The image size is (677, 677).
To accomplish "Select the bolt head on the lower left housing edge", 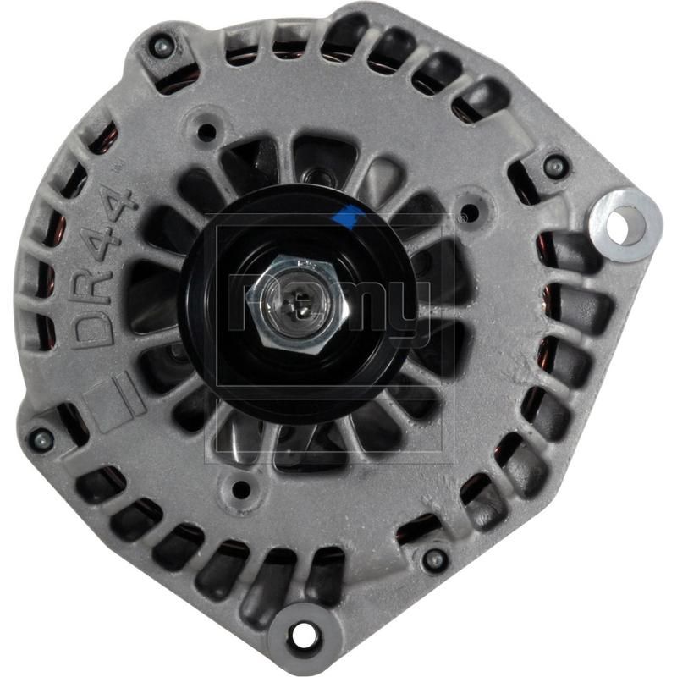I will pyautogui.click(x=40, y=438).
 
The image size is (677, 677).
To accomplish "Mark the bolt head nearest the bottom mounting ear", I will pyautogui.click(x=434, y=559).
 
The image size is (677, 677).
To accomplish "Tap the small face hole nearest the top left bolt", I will pyautogui.click(x=206, y=132).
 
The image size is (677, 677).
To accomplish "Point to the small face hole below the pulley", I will pyautogui.click(x=242, y=487).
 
